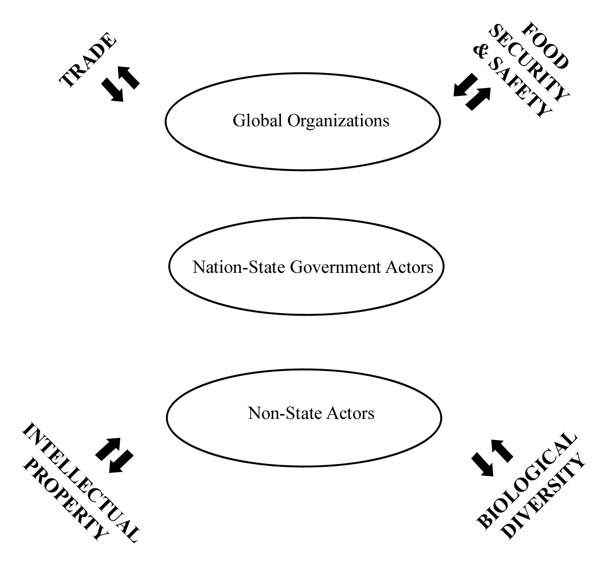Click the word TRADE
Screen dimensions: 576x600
pyautogui.click(x=88, y=61)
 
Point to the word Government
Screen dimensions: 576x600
pyautogui.click(x=335, y=267)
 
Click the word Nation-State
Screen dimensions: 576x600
pyautogui.click(x=239, y=267)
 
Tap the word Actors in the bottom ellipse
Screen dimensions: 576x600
pyautogui.click(x=352, y=413)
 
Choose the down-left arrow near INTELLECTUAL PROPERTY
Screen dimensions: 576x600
pyautogui.click(x=120, y=461)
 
